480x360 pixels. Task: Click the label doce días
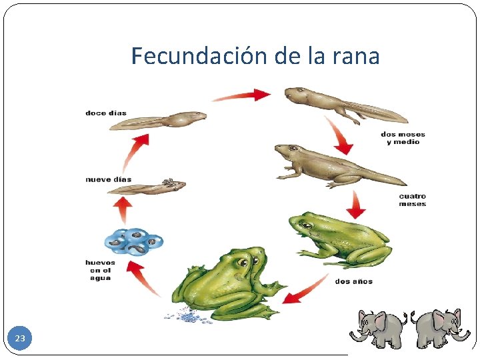coord(105,113)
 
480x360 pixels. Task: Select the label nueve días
coord(108,179)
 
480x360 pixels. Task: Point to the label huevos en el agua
coord(100,270)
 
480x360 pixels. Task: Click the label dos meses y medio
coord(402,138)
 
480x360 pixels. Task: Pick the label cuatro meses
coord(412,200)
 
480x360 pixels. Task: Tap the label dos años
coord(353,281)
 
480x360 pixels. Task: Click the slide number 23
coord(20,339)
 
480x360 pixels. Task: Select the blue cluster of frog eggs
coord(133,242)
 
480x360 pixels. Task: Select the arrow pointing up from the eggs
coord(122,209)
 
